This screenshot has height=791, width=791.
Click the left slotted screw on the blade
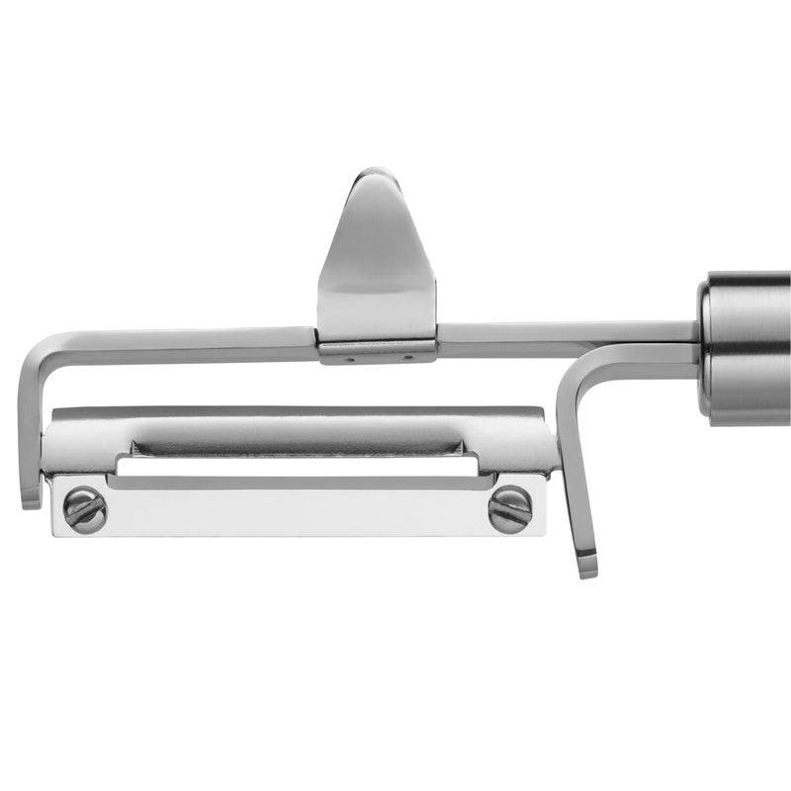tap(84, 509)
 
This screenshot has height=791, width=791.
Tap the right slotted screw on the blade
tap(509, 509)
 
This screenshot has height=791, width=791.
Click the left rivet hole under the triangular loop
tap(347, 360)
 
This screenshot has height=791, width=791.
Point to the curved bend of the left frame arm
tap(38, 351)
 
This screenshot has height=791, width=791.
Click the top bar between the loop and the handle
tap(564, 332)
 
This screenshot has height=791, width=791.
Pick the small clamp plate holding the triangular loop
tap(377, 351)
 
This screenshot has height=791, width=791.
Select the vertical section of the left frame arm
tap(28, 425)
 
